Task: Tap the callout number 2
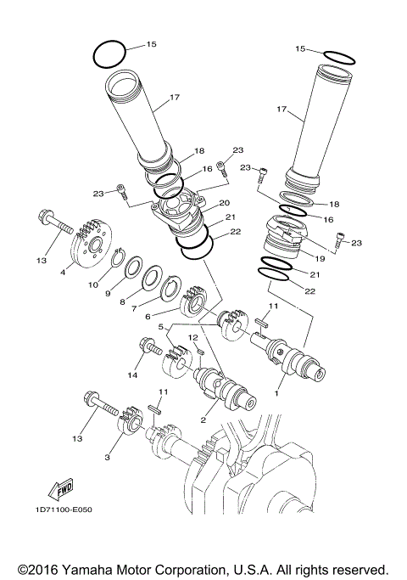[x=203, y=420]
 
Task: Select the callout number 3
[x=107, y=457]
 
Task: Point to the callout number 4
[x=62, y=273]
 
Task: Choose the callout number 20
[x=225, y=203]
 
